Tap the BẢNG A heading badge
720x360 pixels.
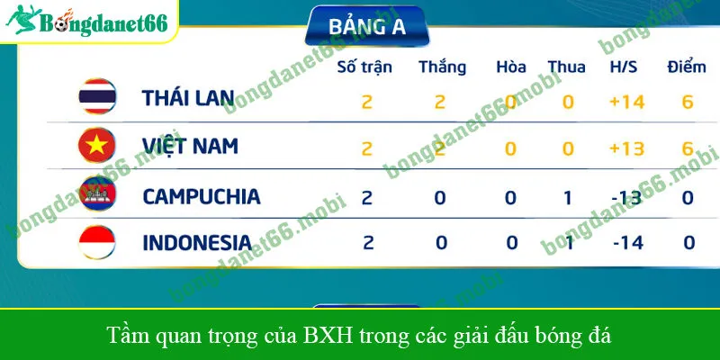coord(367,26)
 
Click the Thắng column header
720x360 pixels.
coord(442,67)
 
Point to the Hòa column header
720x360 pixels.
coord(510,67)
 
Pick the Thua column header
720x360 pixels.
coord(567,67)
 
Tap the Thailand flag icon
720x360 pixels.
coord(95,98)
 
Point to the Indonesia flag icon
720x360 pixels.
coord(95,241)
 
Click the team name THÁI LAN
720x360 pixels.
coord(188,99)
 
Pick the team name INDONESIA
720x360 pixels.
coord(197,242)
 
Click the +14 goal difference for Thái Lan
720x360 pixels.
coord(627,101)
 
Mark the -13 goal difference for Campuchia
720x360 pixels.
coord(627,197)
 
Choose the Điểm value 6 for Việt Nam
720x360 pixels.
coord(688,148)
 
